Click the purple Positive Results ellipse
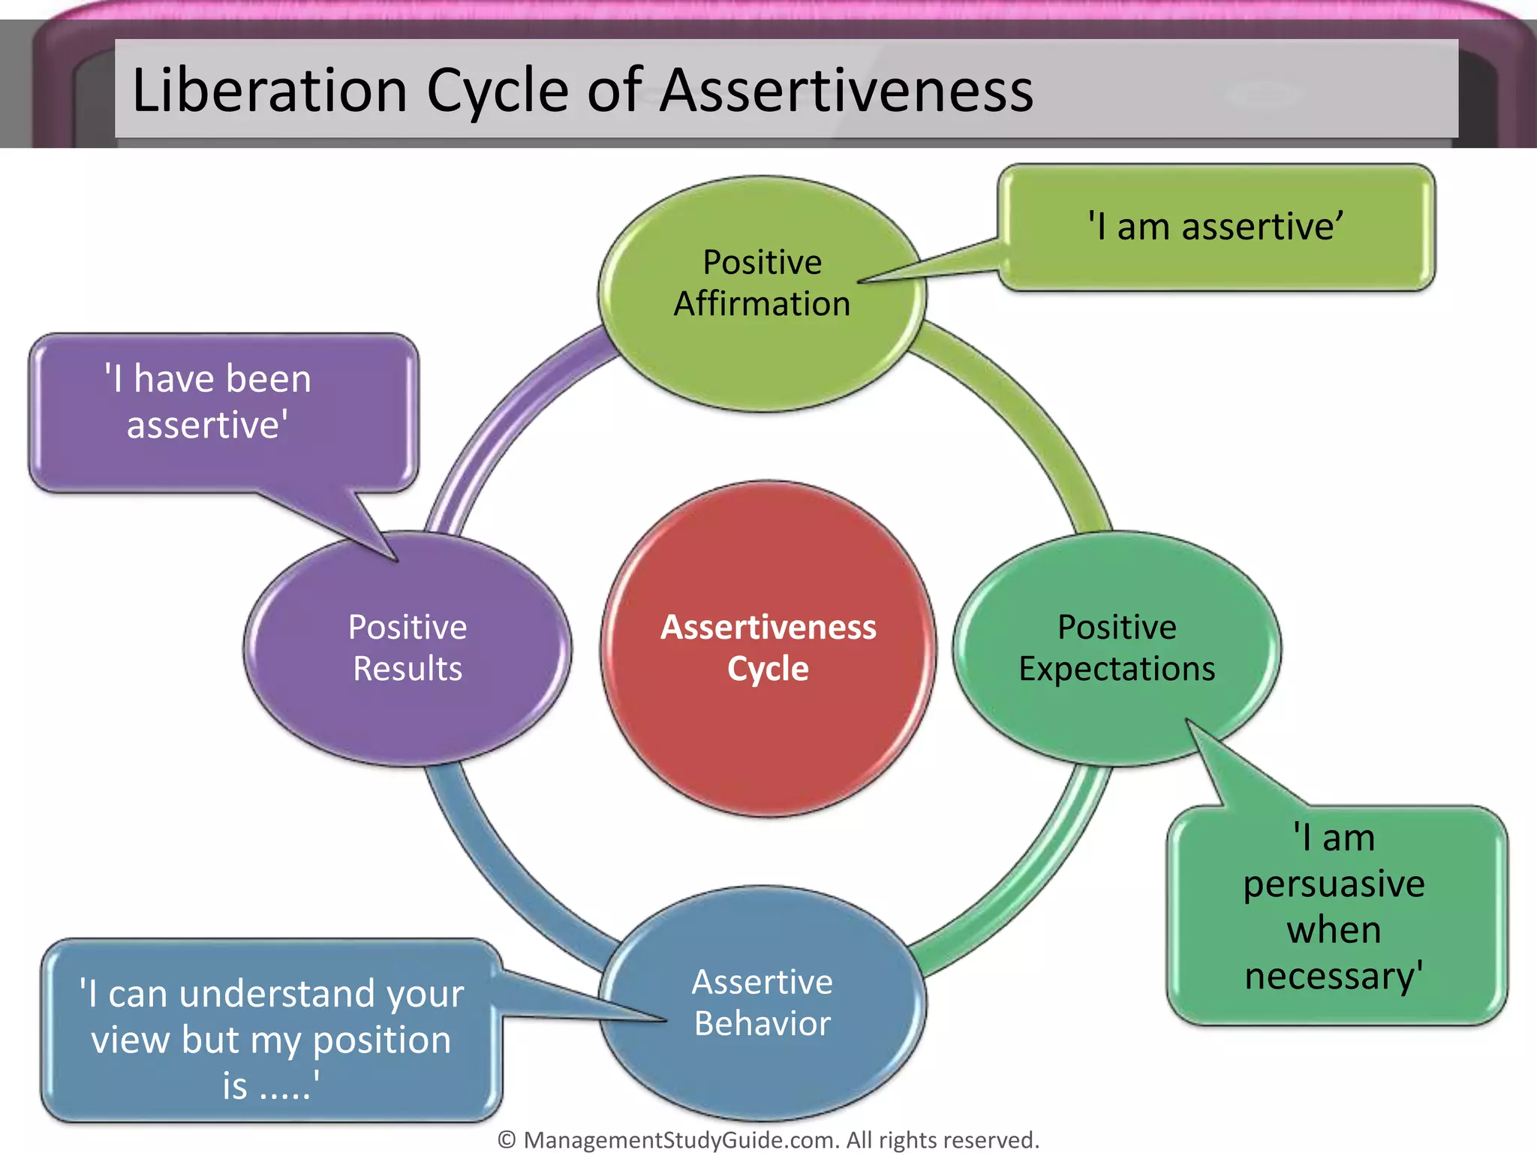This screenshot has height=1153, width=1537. point(408,713)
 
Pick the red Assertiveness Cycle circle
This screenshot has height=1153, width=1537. point(768,736)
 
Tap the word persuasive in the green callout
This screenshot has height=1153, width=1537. point(1334,884)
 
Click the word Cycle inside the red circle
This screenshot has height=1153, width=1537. point(768,668)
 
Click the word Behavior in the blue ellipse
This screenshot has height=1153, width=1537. point(762,1023)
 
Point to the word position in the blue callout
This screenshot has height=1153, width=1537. point(381,1040)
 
